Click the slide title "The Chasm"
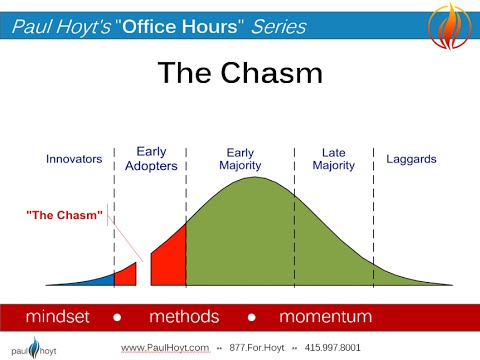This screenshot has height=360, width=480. pos(239,74)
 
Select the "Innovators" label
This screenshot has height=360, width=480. pos(75,159)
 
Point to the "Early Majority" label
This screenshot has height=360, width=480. pos(240,158)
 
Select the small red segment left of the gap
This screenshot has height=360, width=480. pos(126,275)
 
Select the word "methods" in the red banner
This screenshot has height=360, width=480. pos(184,317)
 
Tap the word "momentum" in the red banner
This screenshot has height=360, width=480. pos(326,317)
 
